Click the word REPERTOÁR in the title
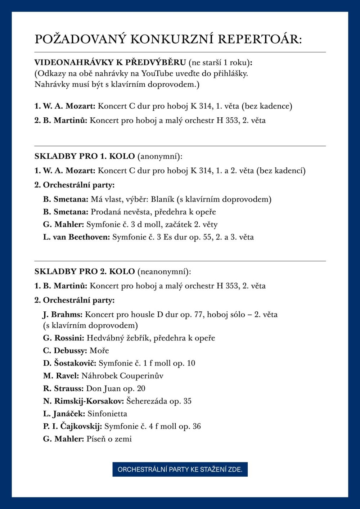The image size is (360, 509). [x=260, y=39]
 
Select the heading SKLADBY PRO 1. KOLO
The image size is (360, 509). [x=85, y=156]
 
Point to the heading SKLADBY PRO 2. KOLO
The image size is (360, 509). [x=85, y=271]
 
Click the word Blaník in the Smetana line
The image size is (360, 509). [x=162, y=199]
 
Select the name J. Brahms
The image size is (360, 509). [x=63, y=315]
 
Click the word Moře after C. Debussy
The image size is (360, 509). [x=99, y=351]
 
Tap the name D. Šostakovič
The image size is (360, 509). [x=69, y=363]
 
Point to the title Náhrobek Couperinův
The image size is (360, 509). [x=122, y=376]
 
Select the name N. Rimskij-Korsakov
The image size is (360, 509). [x=84, y=401]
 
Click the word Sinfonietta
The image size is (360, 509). [x=107, y=414]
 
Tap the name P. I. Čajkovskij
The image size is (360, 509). [x=73, y=426]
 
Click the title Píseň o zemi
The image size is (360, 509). [x=109, y=439]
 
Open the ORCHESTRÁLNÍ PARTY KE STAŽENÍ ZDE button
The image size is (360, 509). [x=180, y=469]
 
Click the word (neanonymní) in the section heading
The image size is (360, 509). [x=164, y=271]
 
